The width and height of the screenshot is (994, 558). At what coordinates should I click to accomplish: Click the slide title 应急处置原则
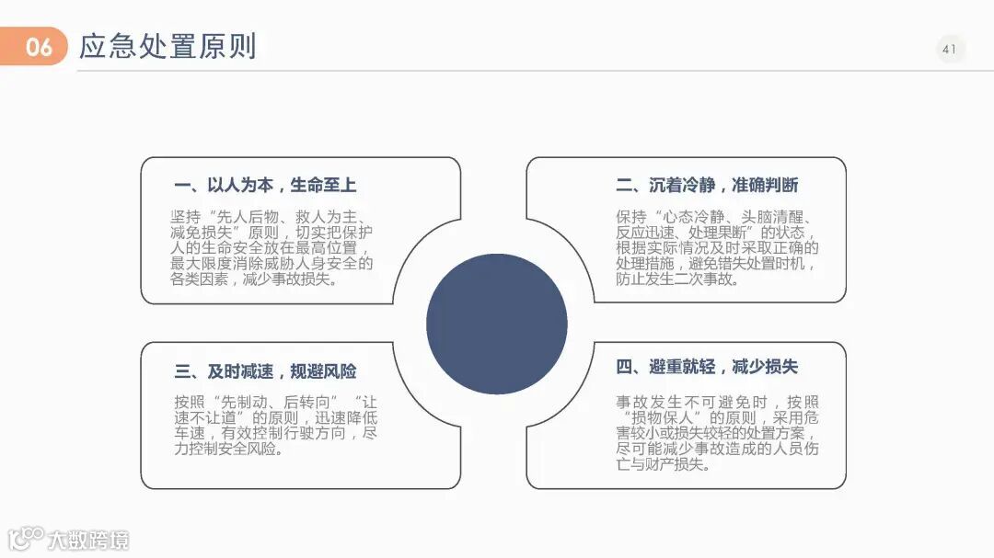pos(168,46)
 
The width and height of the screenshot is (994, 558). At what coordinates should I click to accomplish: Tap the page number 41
pos(950,49)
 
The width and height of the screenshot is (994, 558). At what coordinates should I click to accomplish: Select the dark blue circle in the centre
pos(497,323)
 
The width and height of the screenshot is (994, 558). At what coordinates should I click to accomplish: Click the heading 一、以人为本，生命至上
pos(265,185)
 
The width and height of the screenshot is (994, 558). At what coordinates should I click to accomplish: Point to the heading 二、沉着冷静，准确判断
pos(707,185)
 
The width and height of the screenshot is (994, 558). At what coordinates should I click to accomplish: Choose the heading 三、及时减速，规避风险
pos(265,371)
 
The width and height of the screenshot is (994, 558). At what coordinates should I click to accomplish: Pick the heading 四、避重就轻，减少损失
pos(707,367)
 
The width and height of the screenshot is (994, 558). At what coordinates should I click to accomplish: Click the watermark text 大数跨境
pos(88,540)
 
